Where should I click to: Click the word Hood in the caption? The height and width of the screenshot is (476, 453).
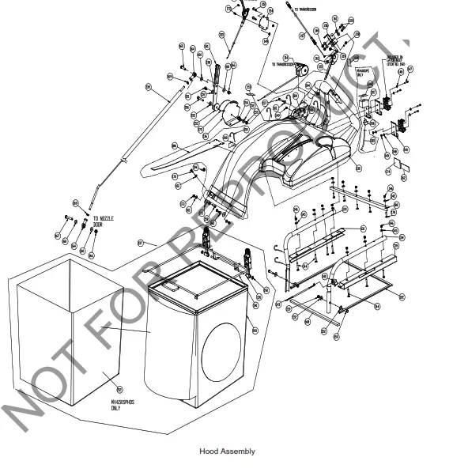pyautogui.click(x=208, y=451)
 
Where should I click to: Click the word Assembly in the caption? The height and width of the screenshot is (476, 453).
pyautogui.click(x=238, y=451)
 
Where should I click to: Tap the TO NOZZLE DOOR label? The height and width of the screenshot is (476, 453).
pyautogui.click(x=102, y=222)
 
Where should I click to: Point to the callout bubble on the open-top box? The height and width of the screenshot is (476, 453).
pyautogui.click(x=119, y=389)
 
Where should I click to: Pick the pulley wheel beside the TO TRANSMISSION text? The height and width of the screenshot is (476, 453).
pyautogui.click(x=300, y=70)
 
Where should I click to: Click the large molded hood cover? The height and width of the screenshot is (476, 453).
pyautogui.click(x=316, y=154)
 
